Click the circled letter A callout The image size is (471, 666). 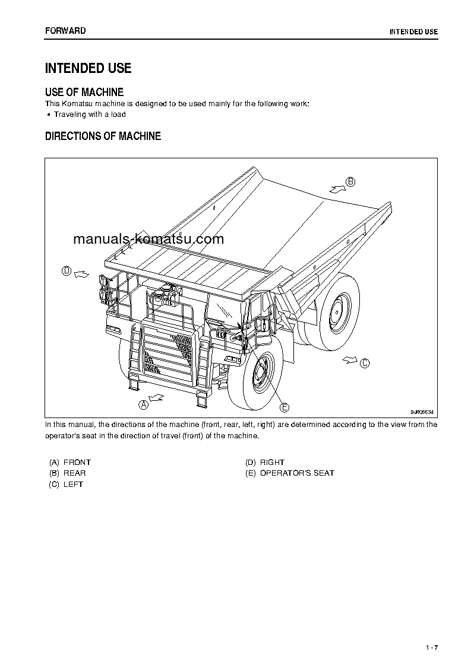point(143,404)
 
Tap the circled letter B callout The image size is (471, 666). point(351,182)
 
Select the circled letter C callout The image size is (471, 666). point(365,363)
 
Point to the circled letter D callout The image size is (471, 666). point(67,271)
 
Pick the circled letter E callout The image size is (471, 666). point(285,407)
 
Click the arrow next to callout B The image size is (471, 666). point(336,188)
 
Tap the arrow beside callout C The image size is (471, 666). point(350,359)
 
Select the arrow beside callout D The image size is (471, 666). point(82,273)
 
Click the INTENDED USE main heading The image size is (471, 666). point(88,68)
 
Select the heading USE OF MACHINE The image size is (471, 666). point(84,92)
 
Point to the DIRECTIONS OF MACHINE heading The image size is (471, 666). point(103,136)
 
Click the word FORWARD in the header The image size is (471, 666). point(65,30)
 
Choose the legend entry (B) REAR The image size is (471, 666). point(68,473)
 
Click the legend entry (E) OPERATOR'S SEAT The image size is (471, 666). point(289,473)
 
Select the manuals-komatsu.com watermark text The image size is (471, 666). point(148,240)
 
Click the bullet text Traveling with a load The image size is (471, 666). point(90,114)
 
